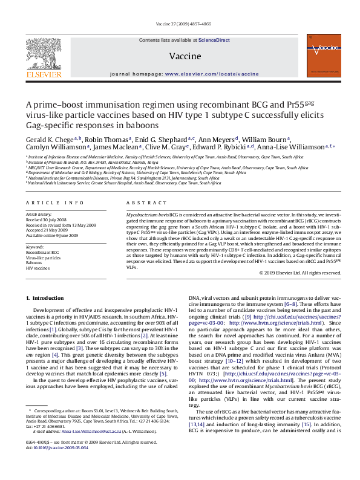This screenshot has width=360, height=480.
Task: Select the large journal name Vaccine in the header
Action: point(180,55)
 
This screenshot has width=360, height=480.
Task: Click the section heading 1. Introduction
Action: point(44,299)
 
